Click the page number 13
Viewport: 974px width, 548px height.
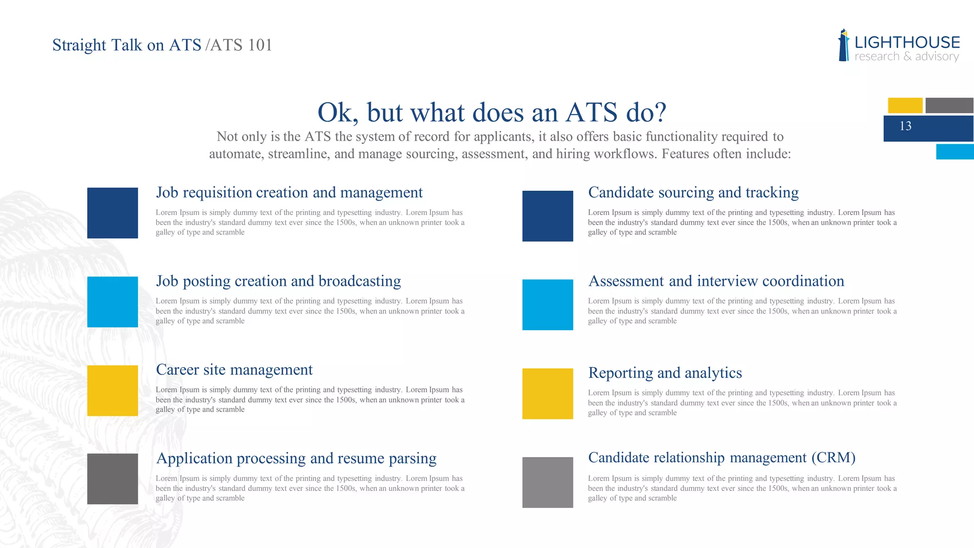[x=905, y=126]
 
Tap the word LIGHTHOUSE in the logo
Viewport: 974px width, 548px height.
[x=907, y=43]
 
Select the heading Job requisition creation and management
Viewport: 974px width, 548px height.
[x=289, y=193]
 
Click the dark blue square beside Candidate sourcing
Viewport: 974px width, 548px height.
[x=547, y=216]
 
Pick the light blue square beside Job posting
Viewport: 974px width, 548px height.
[x=112, y=302]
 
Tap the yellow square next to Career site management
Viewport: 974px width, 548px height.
[x=112, y=391]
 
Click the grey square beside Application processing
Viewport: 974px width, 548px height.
[x=112, y=479]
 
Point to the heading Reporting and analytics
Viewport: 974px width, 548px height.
[x=665, y=373]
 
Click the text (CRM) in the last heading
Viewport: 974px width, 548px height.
[x=833, y=458]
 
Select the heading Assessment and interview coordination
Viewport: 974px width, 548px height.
[x=716, y=281]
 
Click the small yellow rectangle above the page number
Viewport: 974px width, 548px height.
[x=905, y=105]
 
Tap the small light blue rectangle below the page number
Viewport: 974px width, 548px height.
[x=955, y=152]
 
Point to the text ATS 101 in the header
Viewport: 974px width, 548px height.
[x=241, y=45]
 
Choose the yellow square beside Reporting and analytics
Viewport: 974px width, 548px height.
[x=547, y=393]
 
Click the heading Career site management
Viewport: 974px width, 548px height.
[x=234, y=370]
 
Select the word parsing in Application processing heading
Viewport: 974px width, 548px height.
[x=412, y=459]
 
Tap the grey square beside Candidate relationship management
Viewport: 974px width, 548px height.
[x=547, y=482]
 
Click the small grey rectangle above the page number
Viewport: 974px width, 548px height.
[x=949, y=105]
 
